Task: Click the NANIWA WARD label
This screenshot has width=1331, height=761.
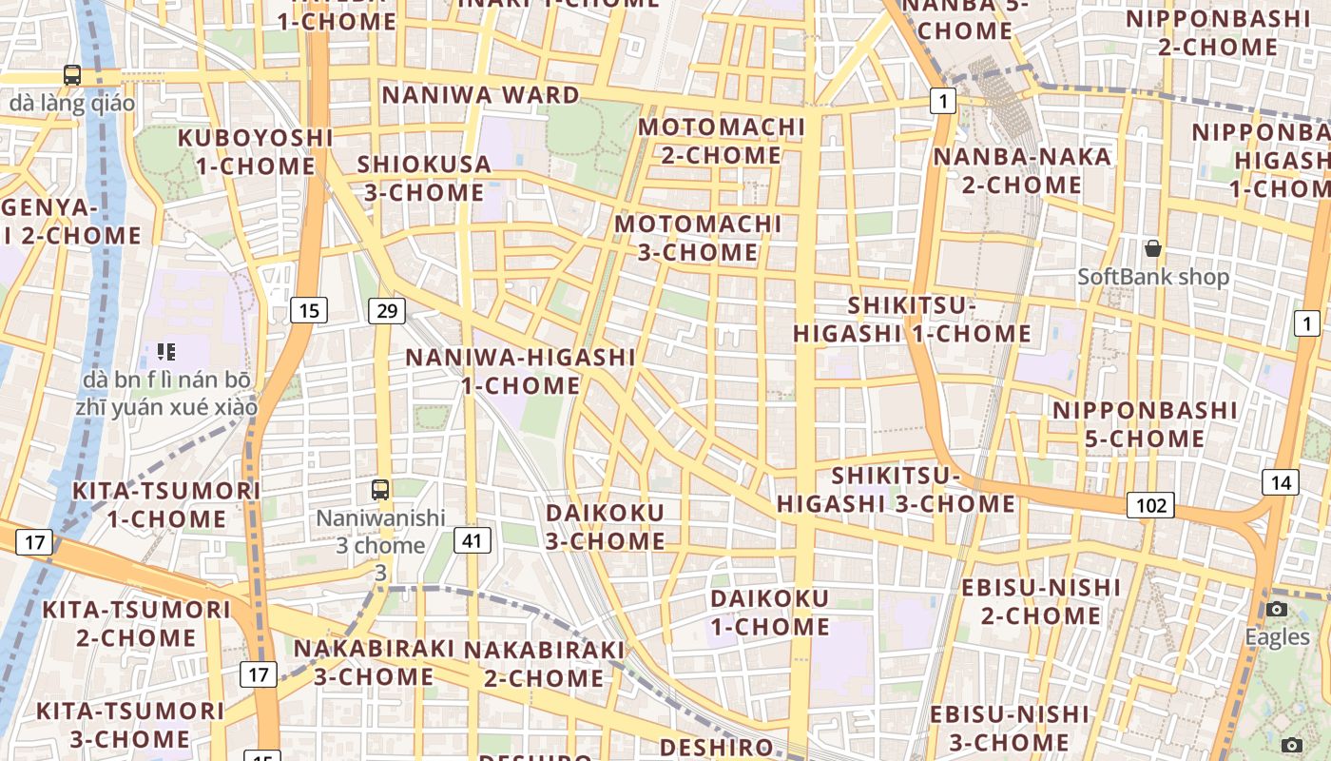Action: (480, 95)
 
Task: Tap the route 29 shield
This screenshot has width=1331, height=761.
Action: (387, 310)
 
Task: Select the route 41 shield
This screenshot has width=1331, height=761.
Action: (473, 540)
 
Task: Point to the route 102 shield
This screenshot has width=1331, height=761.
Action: (1150, 505)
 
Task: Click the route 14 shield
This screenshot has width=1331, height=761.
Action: (1281, 482)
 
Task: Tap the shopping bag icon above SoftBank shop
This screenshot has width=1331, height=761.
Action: (1153, 249)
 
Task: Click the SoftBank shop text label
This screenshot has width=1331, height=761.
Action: (1153, 277)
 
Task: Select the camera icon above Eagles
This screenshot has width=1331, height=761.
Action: (1277, 609)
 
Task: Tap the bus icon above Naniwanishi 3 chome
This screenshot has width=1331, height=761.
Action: (380, 490)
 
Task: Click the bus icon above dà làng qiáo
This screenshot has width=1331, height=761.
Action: (71, 74)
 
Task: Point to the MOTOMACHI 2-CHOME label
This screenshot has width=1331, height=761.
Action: (722, 141)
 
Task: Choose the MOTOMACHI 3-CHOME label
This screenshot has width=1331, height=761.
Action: (698, 238)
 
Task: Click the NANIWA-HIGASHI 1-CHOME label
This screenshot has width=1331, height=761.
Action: (520, 371)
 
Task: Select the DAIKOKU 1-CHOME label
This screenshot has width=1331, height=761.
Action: (770, 613)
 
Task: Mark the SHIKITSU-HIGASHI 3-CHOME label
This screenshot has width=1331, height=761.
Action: (896, 490)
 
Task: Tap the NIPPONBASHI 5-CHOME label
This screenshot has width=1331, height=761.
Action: (1145, 424)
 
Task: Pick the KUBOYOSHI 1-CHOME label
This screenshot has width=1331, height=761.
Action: (256, 152)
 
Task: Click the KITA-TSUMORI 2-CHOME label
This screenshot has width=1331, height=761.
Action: (137, 623)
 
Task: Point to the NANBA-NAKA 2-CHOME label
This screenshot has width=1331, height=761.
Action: (1022, 170)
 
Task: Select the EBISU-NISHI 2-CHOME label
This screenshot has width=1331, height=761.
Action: (1041, 601)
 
